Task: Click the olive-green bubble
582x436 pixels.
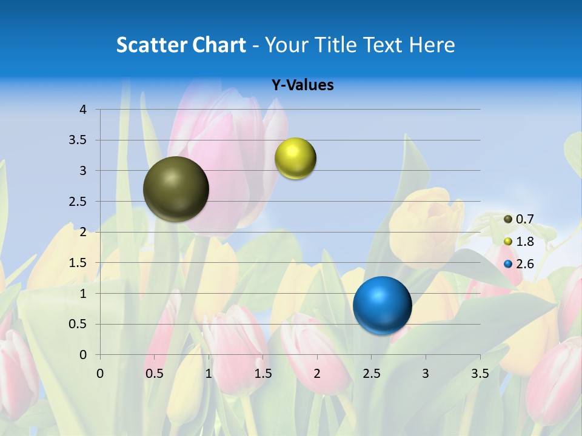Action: pyautogui.click(x=176, y=189)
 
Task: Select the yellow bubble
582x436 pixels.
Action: pyautogui.click(x=295, y=159)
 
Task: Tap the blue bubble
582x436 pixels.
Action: pyautogui.click(x=382, y=305)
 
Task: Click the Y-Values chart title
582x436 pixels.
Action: pyautogui.click(x=303, y=85)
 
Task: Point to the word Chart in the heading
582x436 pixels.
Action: pyautogui.click(x=219, y=45)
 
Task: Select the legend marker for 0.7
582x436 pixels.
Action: pyautogui.click(x=508, y=219)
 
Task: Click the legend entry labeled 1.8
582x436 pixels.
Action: pyautogui.click(x=524, y=242)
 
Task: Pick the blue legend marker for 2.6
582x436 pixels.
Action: pyautogui.click(x=508, y=264)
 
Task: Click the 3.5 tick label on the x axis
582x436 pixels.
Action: pyautogui.click(x=480, y=374)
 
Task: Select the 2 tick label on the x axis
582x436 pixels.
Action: pyautogui.click(x=317, y=374)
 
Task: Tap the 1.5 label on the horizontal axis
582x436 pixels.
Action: pyautogui.click(x=263, y=374)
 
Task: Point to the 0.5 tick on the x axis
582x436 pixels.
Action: pyautogui.click(x=155, y=374)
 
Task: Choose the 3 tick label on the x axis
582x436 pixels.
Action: pyautogui.click(x=426, y=374)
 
